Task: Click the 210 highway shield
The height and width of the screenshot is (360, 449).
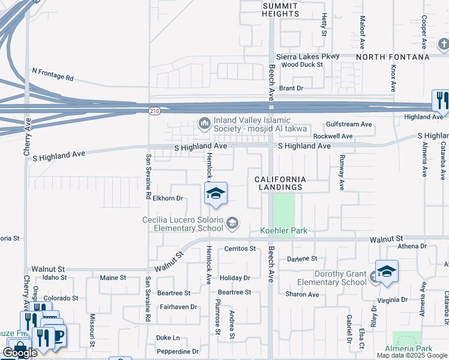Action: tap(154, 110)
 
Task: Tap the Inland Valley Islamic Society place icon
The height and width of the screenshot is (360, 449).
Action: tap(203, 124)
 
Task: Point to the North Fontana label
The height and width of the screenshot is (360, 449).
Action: tap(393, 57)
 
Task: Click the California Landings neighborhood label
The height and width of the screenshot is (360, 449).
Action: tap(280, 184)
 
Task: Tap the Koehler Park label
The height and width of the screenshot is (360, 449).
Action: tap(283, 230)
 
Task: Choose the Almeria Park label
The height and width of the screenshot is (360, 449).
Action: tap(411, 349)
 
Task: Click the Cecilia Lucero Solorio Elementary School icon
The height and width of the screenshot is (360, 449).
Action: tap(232, 224)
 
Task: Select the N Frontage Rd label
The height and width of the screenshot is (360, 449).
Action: tap(53, 74)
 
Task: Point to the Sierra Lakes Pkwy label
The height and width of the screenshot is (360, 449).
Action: tap(308, 56)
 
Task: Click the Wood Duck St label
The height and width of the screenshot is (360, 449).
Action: tap(302, 64)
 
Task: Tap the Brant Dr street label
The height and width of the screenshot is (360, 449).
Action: tap(291, 88)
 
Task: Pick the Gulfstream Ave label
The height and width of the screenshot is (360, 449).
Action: tap(349, 124)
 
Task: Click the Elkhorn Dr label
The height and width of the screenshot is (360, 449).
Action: tap(167, 198)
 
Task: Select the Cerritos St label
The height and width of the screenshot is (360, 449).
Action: tap(240, 248)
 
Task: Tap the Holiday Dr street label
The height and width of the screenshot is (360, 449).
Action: tap(235, 278)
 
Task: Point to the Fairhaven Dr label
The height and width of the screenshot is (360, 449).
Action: tap(178, 307)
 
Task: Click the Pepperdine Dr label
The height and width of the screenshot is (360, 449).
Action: tap(178, 352)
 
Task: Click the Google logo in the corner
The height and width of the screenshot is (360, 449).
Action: tap(20, 353)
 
